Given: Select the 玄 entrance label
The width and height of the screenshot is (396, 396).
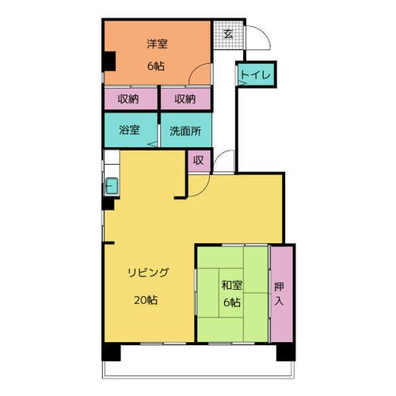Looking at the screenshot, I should [227, 34].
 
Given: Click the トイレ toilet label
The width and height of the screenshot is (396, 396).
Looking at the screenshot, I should [256, 76].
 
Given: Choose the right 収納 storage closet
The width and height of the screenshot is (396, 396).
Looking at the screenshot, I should [185, 100].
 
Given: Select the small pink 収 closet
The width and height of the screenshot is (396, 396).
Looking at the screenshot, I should [198, 161].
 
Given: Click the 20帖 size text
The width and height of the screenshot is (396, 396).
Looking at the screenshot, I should [144, 300].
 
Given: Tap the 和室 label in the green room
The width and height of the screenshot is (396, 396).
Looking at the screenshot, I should [232, 284].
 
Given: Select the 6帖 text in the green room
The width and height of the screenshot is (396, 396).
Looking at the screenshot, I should [232, 304].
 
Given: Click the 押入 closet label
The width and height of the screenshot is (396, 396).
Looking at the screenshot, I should [279, 293].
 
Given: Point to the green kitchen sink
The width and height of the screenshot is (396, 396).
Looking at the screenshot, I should [111, 187].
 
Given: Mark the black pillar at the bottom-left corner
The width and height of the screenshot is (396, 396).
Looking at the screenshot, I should [109, 354].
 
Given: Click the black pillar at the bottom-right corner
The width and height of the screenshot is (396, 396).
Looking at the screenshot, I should [288, 354].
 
